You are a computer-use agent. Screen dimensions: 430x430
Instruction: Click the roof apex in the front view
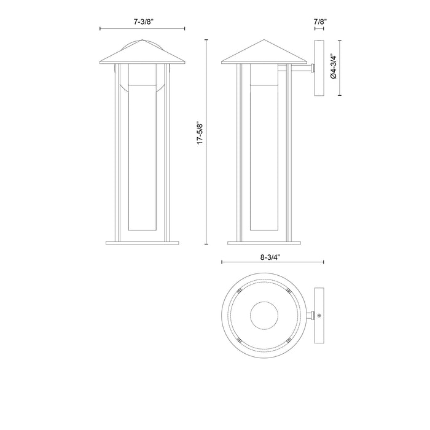[143, 42]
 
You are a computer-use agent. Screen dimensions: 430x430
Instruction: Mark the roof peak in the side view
[265, 42]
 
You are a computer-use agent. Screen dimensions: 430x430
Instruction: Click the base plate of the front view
[143, 242]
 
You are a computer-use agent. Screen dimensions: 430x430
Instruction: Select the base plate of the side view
[265, 242]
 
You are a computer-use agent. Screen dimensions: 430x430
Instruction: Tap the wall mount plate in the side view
[319, 68]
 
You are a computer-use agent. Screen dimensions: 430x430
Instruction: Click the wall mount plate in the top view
[319, 316]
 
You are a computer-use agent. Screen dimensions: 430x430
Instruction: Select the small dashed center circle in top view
[265, 316]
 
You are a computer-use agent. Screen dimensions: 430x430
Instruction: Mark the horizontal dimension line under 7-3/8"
[143, 29]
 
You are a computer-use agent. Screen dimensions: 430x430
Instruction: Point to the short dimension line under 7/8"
[319, 29]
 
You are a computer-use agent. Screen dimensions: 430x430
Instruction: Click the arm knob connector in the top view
[314, 316]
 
